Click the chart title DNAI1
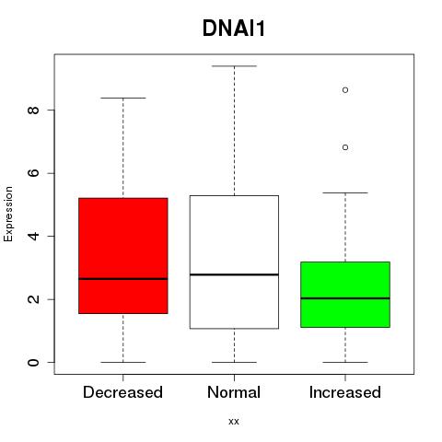pos(234,29)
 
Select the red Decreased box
pos(123,256)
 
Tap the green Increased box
pos(345,295)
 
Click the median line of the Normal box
pos(234,274)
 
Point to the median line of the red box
pos(123,279)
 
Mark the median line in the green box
pos(345,298)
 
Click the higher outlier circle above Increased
pos(345,90)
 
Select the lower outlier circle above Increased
pos(345,147)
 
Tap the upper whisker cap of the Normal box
pos(234,66)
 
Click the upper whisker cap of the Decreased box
pos(123,98)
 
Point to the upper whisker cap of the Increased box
pos(345,192)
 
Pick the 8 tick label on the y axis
pos(33,110)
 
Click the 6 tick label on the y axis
pos(33,173)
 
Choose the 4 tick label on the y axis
pos(33,236)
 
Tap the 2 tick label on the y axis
pos(33,299)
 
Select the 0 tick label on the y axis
pos(33,362)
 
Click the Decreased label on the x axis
pos(122,392)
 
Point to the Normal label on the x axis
pos(234,392)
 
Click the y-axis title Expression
pos(8,214)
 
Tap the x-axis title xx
pos(234,422)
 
